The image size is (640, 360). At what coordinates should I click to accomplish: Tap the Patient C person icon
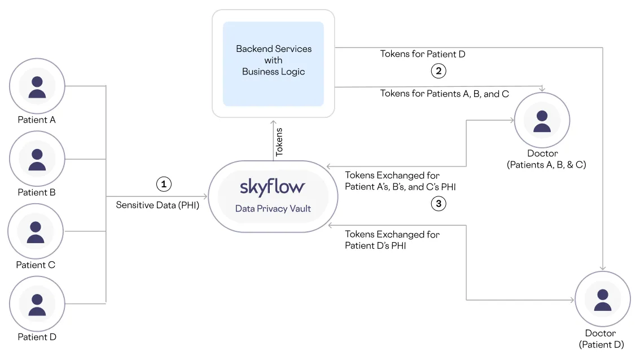(36, 231)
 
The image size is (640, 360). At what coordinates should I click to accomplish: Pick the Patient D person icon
(37, 304)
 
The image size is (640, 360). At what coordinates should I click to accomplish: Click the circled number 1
(163, 184)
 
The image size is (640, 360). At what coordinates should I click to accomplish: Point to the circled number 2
(439, 71)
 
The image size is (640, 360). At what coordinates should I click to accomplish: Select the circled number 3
(439, 204)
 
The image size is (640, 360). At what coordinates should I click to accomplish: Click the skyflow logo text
(273, 186)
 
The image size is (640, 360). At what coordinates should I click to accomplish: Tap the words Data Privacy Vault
(273, 209)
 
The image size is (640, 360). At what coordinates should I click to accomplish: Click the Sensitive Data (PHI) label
(157, 205)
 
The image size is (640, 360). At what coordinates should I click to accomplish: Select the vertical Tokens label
(279, 142)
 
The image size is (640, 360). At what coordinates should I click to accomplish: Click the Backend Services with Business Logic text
(274, 60)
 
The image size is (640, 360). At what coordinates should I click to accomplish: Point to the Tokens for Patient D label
(422, 54)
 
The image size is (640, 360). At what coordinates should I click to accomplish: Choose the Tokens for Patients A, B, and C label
(444, 94)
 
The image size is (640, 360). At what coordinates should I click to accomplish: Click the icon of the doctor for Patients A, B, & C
(542, 121)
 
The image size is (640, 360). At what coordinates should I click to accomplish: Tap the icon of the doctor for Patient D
(602, 300)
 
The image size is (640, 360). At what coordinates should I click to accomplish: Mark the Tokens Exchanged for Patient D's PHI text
(392, 240)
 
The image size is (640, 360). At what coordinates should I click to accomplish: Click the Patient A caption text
(37, 120)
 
